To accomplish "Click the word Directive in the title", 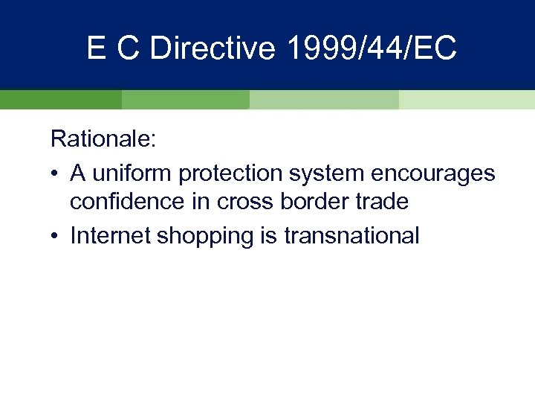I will click(x=213, y=48).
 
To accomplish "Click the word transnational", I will click(x=349, y=235).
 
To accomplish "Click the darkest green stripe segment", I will click(x=60, y=100).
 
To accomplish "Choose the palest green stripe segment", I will click(x=467, y=100).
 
